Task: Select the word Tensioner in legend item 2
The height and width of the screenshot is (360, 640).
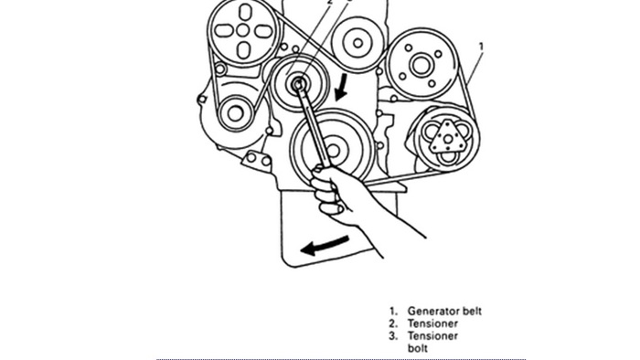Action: pyautogui.click(x=432, y=323)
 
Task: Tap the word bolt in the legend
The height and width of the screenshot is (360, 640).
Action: pyautogui.click(x=418, y=348)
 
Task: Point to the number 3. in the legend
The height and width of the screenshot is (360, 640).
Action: pyautogui.click(x=393, y=335)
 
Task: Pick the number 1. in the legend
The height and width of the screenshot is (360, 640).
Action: pyautogui.click(x=393, y=312)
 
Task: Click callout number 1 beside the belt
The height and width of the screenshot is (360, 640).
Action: pyautogui.click(x=482, y=47)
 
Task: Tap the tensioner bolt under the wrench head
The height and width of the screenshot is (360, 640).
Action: pyautogui.click(x=298, y=84)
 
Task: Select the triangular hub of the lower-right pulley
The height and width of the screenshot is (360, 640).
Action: pyautogui.click(x=447, y=137)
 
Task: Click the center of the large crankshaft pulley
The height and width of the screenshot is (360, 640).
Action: pyautogui.click(x=333, y=147)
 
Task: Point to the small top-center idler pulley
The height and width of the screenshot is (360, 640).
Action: pyautogui.click(x=357, y=41)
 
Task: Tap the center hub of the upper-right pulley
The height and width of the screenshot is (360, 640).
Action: pyautogui.click(x=421, y=64)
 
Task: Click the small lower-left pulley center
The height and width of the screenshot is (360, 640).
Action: pyautogui.click(x=235, y=112)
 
